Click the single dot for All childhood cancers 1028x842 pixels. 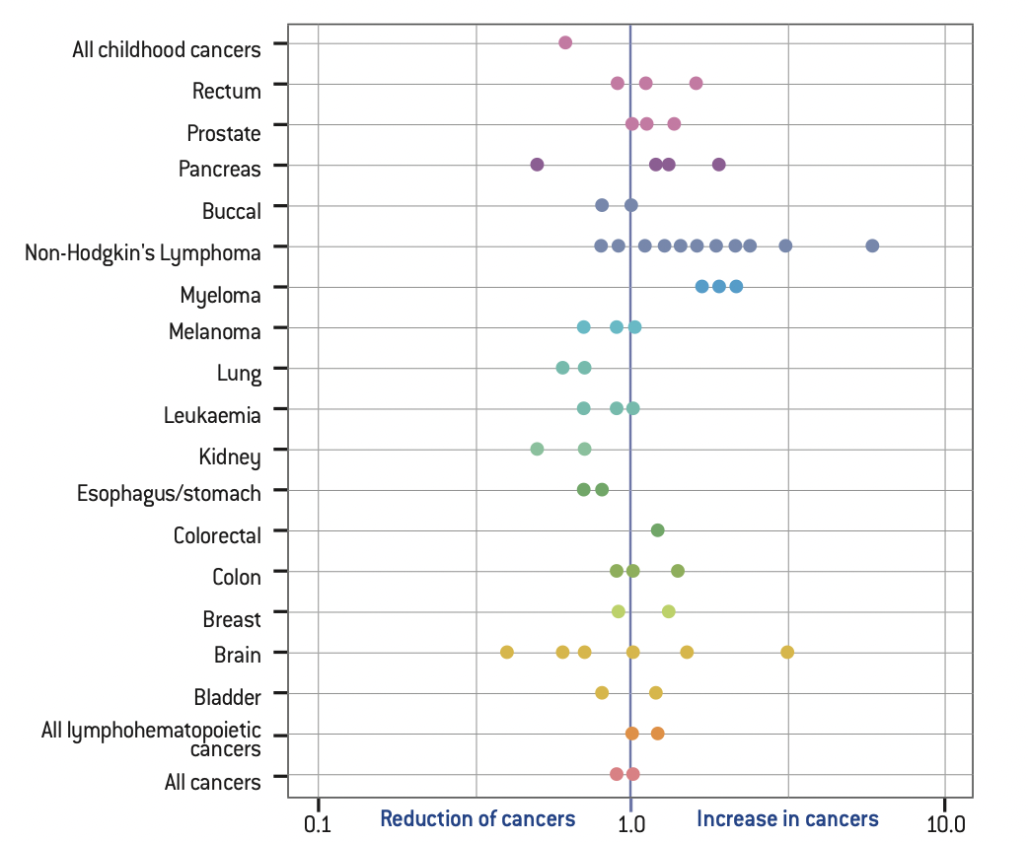click(x=565, y=42)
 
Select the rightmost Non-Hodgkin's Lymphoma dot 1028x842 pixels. click(x=872, y=246)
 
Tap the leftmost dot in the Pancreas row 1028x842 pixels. click(x=537, y=165)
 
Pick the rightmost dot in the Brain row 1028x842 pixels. click(x=787, y=652)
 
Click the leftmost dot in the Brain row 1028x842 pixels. click(x=507, y=652)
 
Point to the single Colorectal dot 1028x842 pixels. click(x=658, y=530)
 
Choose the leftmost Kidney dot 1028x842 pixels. click(x=537, y=449)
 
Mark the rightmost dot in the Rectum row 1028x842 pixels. click(x=697, y=83)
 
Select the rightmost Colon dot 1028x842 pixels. click(x=678, y=571)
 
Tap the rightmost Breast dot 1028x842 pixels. click(x=669, y=611)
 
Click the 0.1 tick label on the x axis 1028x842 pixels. click(x=318, y=820)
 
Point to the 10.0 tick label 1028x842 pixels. click(x=944, y=820)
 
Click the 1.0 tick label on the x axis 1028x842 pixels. click(x=631, y=820)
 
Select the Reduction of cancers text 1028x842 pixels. click(x=477, y=819)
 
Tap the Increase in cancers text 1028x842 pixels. click(x=787, y=819)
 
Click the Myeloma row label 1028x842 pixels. click(x=220, y=295)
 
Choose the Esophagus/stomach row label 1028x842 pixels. click(x=169, y=493)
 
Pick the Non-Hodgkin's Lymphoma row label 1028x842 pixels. click(x=143, y=253)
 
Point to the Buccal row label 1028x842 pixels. click(x=232, y=211)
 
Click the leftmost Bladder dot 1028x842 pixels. click(x=602, y=693)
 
